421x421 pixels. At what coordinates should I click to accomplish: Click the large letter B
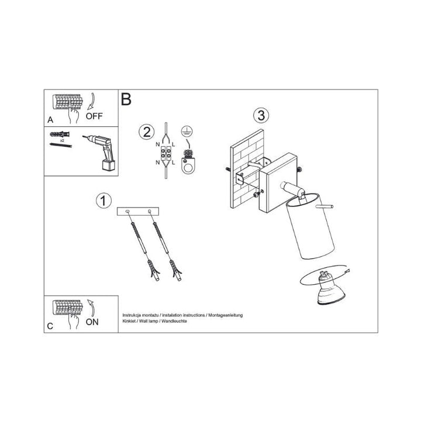point(126,99)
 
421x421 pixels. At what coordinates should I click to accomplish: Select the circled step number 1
point(103,201)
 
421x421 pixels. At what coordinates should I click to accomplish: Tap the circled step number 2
point(147,132)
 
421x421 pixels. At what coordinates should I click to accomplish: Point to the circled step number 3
point(261,115)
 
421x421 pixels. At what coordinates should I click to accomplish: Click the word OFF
point(94,116)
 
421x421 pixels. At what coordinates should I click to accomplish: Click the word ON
point(92,322)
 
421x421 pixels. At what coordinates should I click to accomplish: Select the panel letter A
point(50,120)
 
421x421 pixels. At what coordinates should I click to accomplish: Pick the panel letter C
point(50,326)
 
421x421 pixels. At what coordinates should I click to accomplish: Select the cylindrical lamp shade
point(310,226)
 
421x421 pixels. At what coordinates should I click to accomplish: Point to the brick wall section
point(247,169)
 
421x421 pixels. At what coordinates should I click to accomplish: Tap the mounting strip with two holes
point(138,212)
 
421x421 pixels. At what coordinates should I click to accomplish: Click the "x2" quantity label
point(62,140)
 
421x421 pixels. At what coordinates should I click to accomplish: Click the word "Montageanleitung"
point(226,315)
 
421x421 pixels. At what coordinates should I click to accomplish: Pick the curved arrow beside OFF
point(91,102)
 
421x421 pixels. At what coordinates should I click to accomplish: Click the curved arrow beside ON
point(91,308)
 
